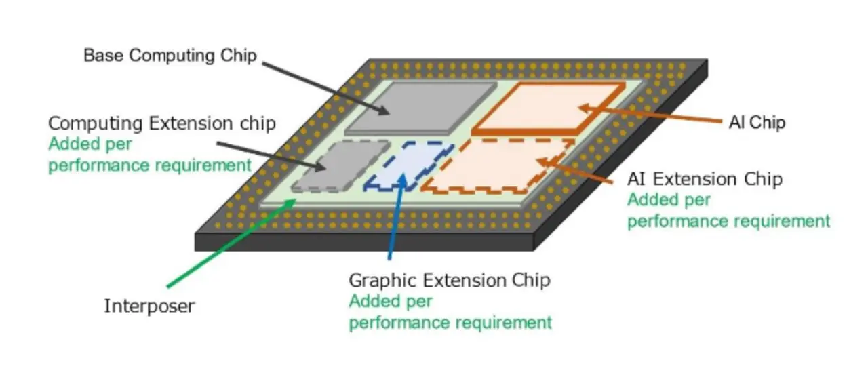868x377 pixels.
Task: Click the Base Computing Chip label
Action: pyautogui.click(x=170, y=55)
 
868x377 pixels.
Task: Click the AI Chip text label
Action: pyautogui.click(x=756, y=123)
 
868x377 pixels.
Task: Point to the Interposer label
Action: pyautogui.click(x=149, y=306)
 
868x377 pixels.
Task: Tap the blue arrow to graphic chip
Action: pyautogui.click(x=397, y=217)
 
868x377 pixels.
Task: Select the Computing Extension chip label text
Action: pyautogui.click(x=162, y=123)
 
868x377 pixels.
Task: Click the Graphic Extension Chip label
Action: pyautogui.click(x=449, y=279)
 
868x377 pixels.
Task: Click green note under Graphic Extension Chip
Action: pyautogui.click(x=450, y=311)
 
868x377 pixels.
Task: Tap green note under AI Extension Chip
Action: pyautogui.click(x=728, y=211)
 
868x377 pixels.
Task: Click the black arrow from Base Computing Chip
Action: pyautogui.click(x=325, y=88)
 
